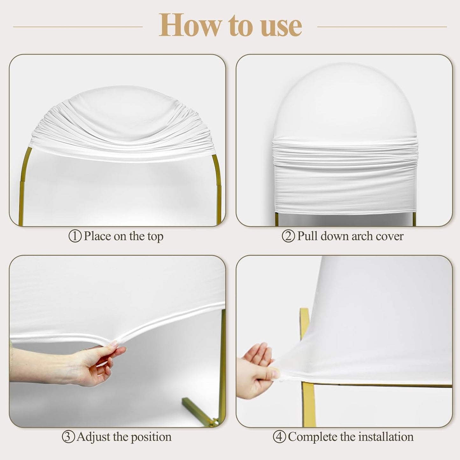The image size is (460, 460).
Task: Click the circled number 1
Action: (75, 236)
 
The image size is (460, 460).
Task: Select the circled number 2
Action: (288, 236)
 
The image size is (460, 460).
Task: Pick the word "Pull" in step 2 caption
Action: (307, 236)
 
